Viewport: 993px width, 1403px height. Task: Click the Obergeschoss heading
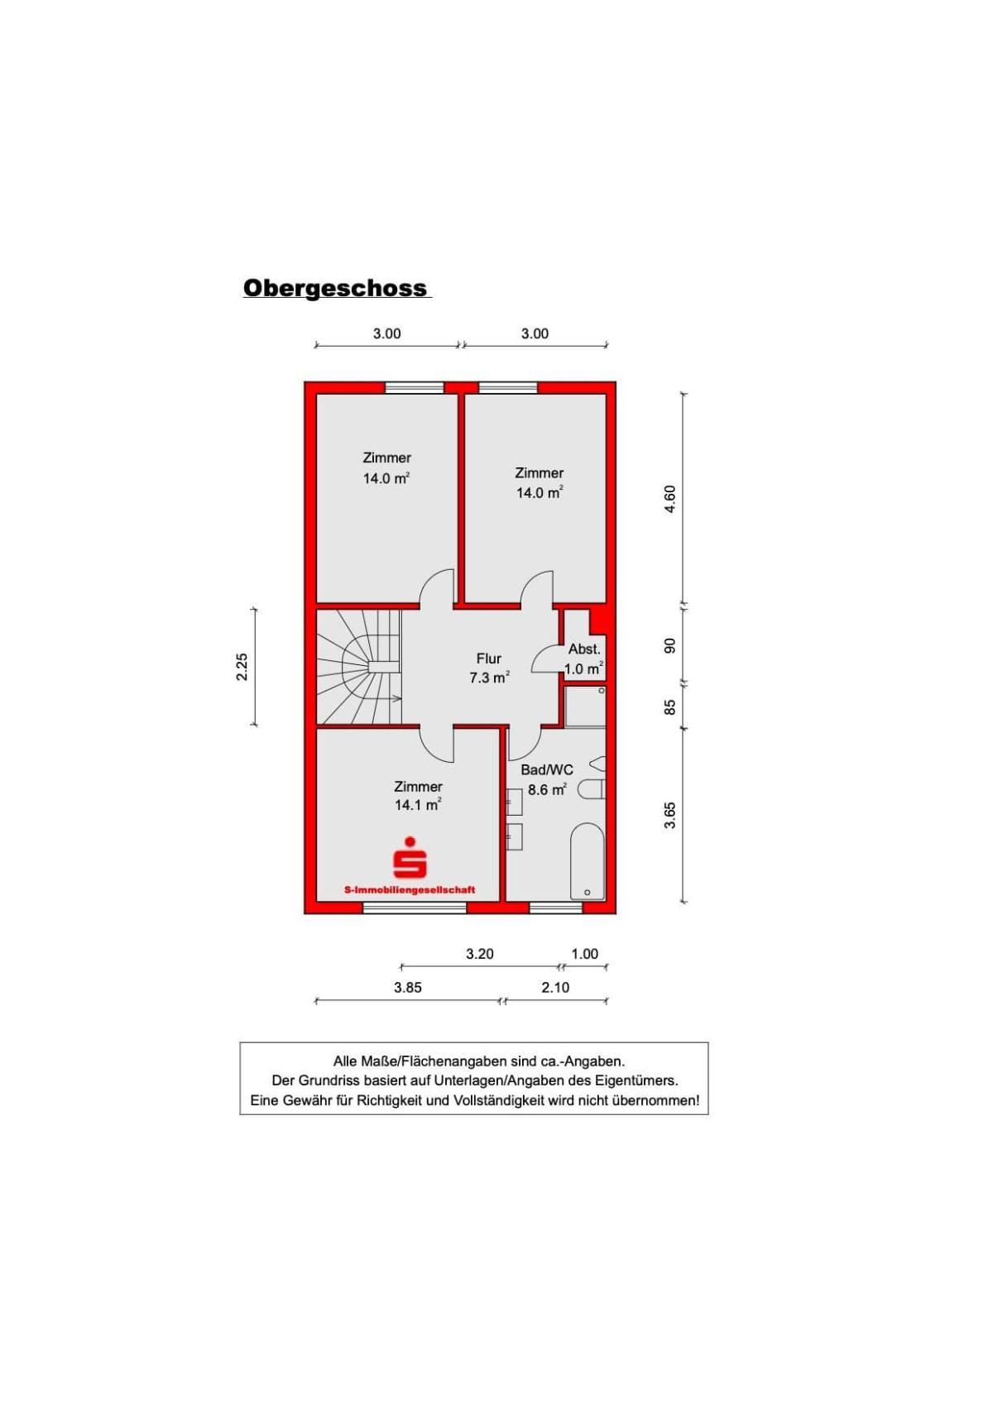click(336, 288)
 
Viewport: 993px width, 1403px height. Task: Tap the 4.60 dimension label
click(670, 499)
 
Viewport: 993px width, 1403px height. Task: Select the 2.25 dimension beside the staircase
click(242, 667)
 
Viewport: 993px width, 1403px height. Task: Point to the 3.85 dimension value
click(407, 988)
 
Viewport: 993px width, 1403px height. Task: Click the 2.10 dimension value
click(555, 988)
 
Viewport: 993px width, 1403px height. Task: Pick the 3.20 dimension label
click(479, 954)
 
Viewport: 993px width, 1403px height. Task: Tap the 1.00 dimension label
click(584, 954)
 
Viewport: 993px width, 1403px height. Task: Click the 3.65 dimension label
click(670, 815)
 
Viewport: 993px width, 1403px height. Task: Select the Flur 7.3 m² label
click(489, 668)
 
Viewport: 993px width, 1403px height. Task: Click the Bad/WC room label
click(547, 770)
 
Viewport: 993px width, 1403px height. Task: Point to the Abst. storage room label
click(584, 649)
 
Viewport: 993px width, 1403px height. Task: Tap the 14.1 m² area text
click(418, 805)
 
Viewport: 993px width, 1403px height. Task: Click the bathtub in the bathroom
click(587, 860)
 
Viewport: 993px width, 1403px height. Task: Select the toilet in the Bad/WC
click(591, 789)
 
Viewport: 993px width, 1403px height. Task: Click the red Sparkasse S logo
click(410, 857)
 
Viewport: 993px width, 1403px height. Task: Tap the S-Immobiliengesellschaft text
click(410, 889)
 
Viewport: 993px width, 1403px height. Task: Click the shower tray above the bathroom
click(585, 706)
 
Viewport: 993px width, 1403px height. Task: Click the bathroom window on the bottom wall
click(556, 907)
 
